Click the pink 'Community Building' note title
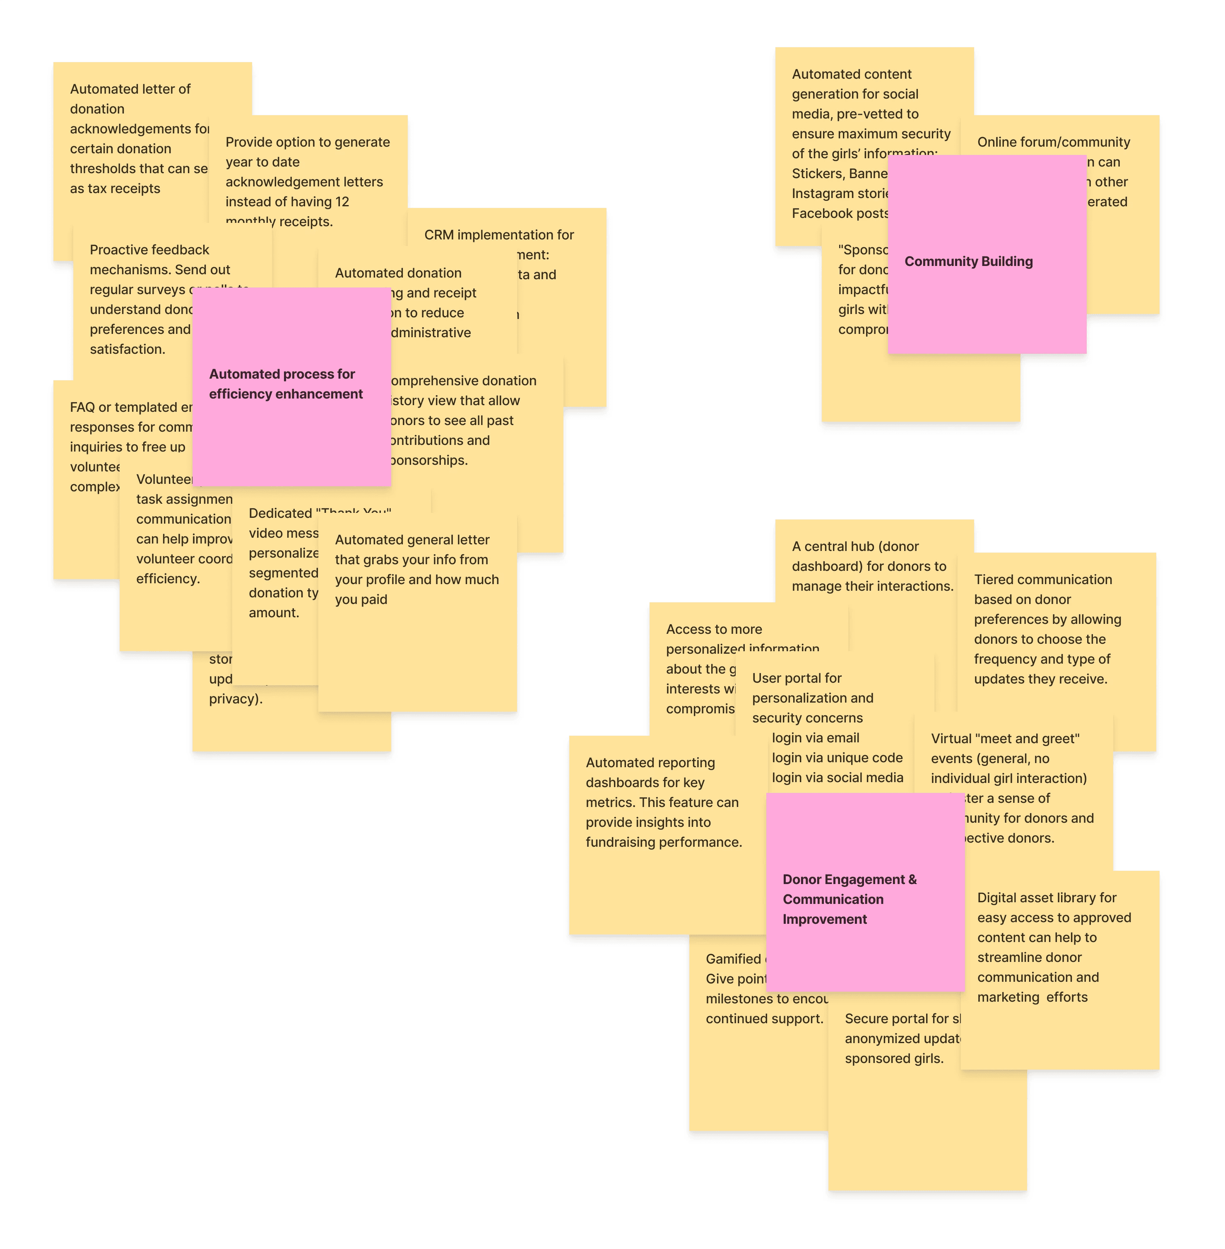pos(968,261)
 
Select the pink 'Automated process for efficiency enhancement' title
pos(286,384)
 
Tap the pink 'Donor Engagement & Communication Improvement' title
pos(849,899)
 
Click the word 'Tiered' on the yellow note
pos(994,580)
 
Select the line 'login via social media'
pos(837,778)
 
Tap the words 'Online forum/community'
pos(1053,142)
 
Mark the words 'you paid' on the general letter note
pos(361,599)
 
